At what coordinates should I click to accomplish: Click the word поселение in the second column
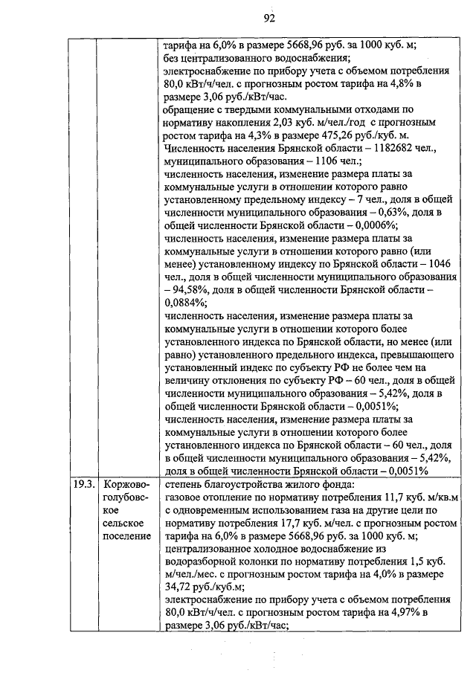click(x=126, y=535)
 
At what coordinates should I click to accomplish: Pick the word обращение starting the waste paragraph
click(x=190, y=110)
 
